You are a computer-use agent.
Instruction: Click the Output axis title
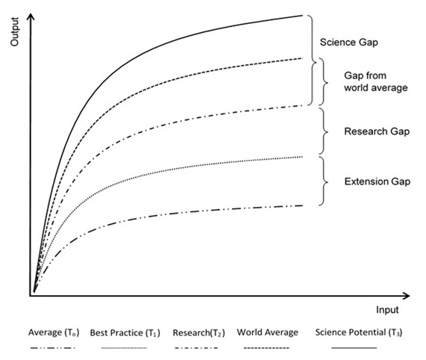14,32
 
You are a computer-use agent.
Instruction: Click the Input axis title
387,310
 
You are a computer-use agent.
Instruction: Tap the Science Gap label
349,43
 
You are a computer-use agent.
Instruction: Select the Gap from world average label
376,81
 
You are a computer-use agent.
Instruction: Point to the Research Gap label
377,131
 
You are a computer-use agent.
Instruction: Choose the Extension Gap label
378,181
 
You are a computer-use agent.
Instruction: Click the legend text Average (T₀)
54,332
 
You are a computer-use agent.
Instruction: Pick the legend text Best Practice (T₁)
125,333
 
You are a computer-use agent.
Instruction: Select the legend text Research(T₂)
199,333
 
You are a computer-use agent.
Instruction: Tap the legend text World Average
267,332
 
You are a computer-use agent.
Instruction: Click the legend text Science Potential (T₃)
359,332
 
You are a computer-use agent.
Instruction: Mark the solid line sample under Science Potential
354,348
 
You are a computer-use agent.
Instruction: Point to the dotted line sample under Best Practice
124,348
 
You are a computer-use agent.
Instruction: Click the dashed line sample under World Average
266,348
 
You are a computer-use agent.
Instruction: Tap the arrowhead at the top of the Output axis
31,16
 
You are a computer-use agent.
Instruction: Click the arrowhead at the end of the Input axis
406,296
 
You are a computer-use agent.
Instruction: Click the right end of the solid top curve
302,16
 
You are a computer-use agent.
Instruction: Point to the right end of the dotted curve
302,157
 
